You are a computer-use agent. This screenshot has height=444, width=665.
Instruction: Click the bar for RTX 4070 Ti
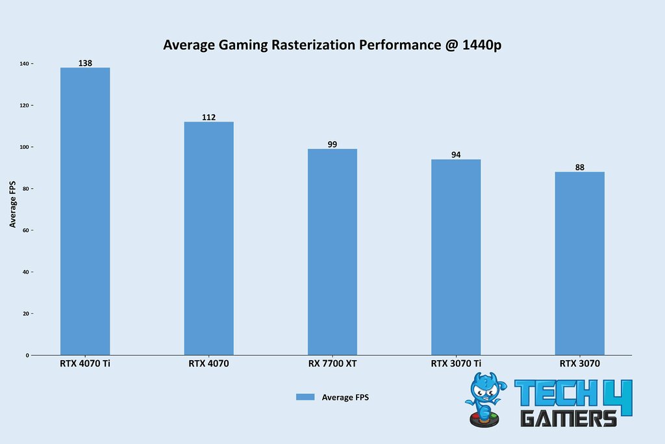point(85,211)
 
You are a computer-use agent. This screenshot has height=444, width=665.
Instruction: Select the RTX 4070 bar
point(208,238)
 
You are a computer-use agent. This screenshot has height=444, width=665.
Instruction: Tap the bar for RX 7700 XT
point(332,252)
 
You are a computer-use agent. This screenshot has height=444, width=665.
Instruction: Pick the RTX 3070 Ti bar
point(456,257)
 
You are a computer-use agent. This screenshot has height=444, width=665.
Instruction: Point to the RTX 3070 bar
point(579,263)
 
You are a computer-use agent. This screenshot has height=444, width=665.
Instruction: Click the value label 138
point(85,63)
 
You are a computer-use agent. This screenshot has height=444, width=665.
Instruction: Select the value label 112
point(208,117)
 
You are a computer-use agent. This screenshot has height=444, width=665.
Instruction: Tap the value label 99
point(332,144)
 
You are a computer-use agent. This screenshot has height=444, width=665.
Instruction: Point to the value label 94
point(456,155)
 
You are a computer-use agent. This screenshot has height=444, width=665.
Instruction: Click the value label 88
point(579,167)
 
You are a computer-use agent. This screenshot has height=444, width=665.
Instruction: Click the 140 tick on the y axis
point(24,64)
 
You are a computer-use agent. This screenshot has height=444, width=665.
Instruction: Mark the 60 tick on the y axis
point(25,230)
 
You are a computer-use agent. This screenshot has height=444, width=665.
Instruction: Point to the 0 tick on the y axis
point(27,355)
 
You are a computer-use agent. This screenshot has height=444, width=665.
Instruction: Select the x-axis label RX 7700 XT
point(332,364)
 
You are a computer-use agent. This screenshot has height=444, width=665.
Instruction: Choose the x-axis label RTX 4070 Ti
point(85,364)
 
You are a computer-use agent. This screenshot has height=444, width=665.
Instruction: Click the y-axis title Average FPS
point(13,204)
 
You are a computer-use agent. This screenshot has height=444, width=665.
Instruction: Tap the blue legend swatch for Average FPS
point(305,397)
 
